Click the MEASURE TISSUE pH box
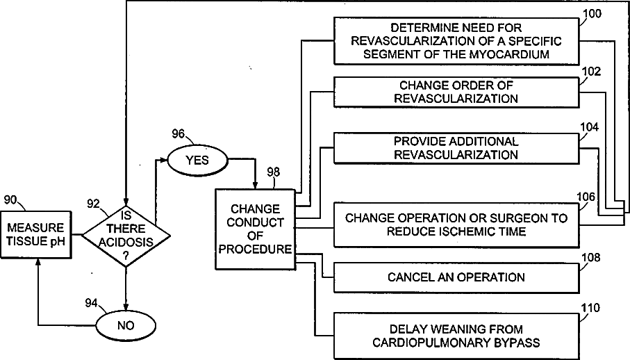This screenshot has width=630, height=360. click(36, 234)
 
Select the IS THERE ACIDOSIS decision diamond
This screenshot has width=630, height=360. click(126, 236)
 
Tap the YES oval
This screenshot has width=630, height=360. click(197, 161)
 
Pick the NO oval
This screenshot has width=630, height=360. click(126, 325)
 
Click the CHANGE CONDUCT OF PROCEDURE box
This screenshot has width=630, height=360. click(255, 229)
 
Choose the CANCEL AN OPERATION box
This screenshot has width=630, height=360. click(456, 277)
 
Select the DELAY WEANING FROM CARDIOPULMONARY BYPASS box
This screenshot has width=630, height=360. click(456, 336)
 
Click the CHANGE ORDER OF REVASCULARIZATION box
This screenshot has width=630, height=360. click(456, 92)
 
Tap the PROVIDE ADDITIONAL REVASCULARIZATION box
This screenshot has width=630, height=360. click(456, 148)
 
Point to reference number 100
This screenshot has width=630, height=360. click(592, 14)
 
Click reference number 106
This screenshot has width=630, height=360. click(586, 197)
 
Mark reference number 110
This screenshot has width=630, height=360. click(590, 308)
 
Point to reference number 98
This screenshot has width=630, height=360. click(274, 172)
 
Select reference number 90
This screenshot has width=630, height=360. click(10, 199)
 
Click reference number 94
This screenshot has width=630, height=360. click(91, 303)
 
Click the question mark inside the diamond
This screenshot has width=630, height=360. click(126, 256)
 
